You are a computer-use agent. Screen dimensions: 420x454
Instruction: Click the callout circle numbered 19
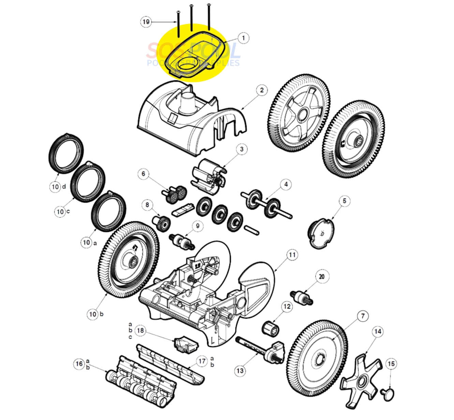click(146, 22)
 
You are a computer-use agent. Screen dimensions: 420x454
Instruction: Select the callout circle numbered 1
click(243, 38)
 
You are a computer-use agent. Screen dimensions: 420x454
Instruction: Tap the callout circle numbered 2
click(262, 90)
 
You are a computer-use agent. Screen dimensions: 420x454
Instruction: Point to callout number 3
click(241, 149)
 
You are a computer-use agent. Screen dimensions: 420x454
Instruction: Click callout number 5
click(344, 201)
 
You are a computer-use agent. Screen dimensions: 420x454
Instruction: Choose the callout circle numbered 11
click(292, 255)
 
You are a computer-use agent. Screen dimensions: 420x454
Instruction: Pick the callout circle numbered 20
click(321, 276)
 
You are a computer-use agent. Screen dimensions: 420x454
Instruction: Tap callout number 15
click(391, 364)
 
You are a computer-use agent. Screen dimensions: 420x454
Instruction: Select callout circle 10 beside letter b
click(93, 314)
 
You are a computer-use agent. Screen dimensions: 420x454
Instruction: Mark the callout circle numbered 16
click(79, 364)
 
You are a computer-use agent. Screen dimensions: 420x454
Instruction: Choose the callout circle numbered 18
click(141, 330)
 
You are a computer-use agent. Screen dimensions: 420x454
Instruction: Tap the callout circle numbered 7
click(362, 316)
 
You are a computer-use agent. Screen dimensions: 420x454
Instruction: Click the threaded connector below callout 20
click(300, 296)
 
